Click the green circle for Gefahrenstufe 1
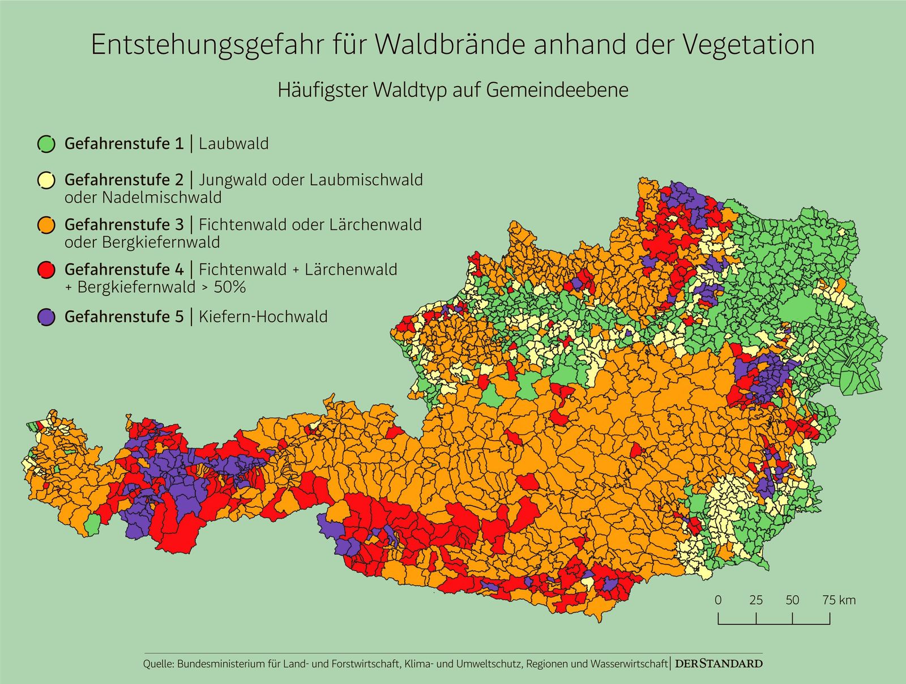point(46,144)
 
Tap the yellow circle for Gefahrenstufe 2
point(46,180)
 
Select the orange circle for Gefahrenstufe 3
point(46,225)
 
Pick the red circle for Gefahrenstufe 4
point(46,270)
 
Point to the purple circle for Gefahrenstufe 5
point(46,317)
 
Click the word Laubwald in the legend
point(233,144)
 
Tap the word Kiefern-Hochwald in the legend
point(263,317)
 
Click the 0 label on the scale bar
point(718,600)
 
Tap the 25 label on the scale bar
point(756,600)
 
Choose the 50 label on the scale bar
point(792,600)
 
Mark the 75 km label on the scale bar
point(839,600)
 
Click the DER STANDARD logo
point(719,664)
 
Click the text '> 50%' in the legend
point(223,287)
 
